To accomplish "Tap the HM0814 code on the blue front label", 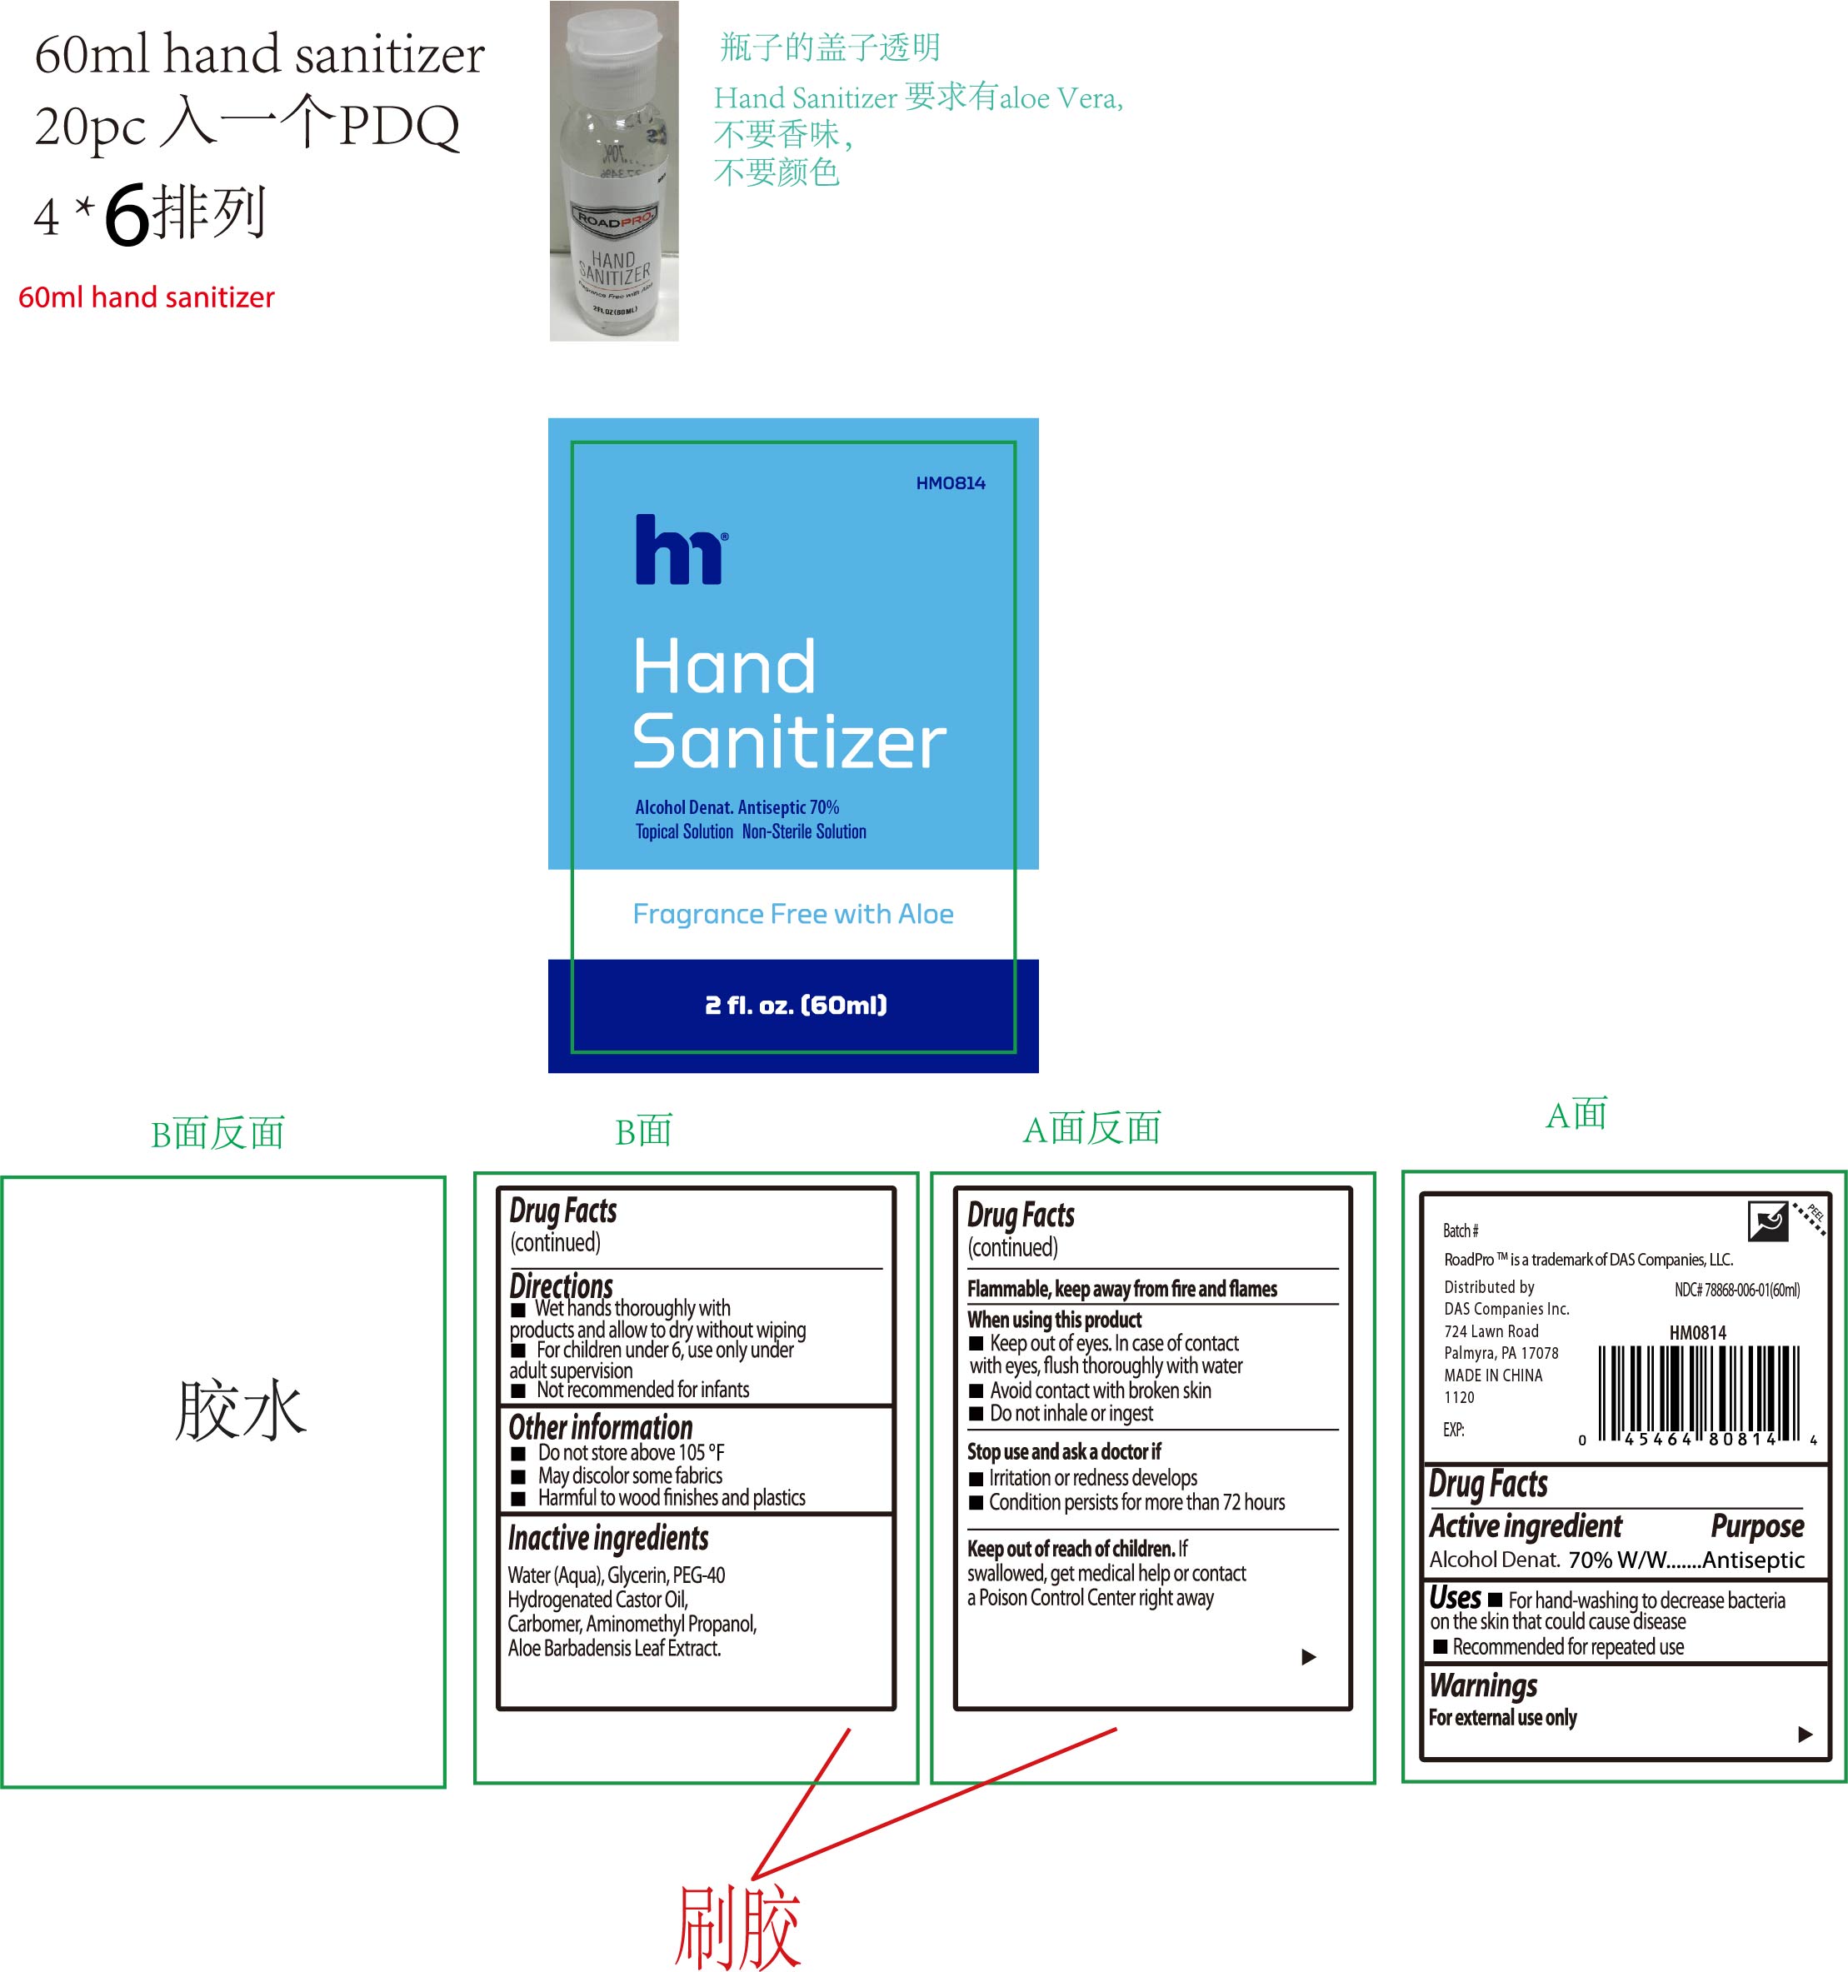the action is click(951, 483).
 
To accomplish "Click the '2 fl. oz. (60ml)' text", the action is click(796, 1005).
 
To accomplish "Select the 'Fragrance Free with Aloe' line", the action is click(792, 914).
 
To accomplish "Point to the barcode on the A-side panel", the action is click(1699, 1393).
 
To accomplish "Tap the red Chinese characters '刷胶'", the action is click(738, 1925).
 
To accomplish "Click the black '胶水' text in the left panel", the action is click(241, 1409).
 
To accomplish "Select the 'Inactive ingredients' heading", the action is click(608, 1537).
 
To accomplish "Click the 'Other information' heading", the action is click(600, 1426).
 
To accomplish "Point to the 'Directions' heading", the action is click(562, 1286).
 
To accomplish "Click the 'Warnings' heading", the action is click(1483, 1685).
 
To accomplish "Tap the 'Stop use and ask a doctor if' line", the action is click(1063, 1451).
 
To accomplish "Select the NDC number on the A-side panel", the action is click(1737, 1290).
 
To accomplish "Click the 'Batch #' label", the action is click(1460, 1231).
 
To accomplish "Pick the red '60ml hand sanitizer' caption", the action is click(147, 297).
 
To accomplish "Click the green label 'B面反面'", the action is click(217, 1133).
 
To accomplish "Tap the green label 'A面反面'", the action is click(1091, 1129).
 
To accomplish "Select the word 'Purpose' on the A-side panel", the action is click(1756, 1525).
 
